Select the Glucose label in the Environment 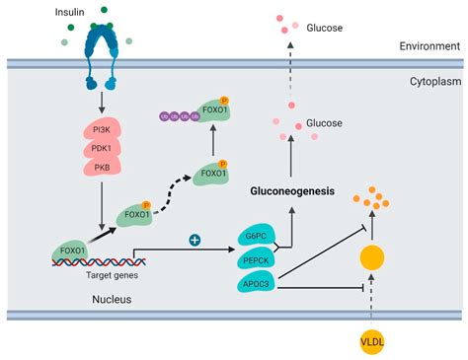324,28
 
